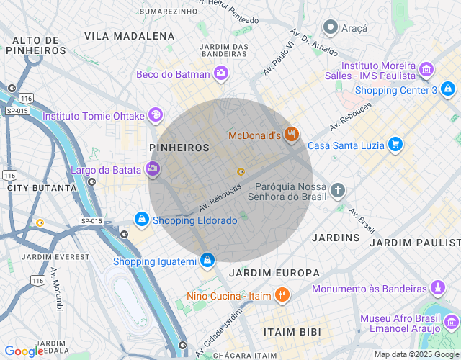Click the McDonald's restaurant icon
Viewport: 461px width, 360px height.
coord(291,135)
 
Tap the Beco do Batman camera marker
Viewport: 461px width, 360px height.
coord(220,73)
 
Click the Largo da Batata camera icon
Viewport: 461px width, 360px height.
coord(152,169)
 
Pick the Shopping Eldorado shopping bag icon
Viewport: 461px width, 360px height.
coord(142,220)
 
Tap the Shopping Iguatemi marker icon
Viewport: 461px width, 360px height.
coord(207,259)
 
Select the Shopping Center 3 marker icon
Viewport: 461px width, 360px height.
coord(449,90)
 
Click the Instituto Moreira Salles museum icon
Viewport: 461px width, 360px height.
coord(427,70)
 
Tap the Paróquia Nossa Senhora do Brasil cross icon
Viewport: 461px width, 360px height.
coord(337,191)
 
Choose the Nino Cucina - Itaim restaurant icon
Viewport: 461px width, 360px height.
coord(282,295)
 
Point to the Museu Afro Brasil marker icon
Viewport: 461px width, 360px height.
coord(452,323)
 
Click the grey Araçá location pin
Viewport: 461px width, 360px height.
coord(331,28)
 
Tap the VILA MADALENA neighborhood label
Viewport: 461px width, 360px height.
coord(129,35)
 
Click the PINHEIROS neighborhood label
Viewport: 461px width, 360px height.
coord(179,148)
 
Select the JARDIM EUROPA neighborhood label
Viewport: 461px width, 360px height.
coord(274,273)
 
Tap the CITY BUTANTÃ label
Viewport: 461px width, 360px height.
coord(41,187)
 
